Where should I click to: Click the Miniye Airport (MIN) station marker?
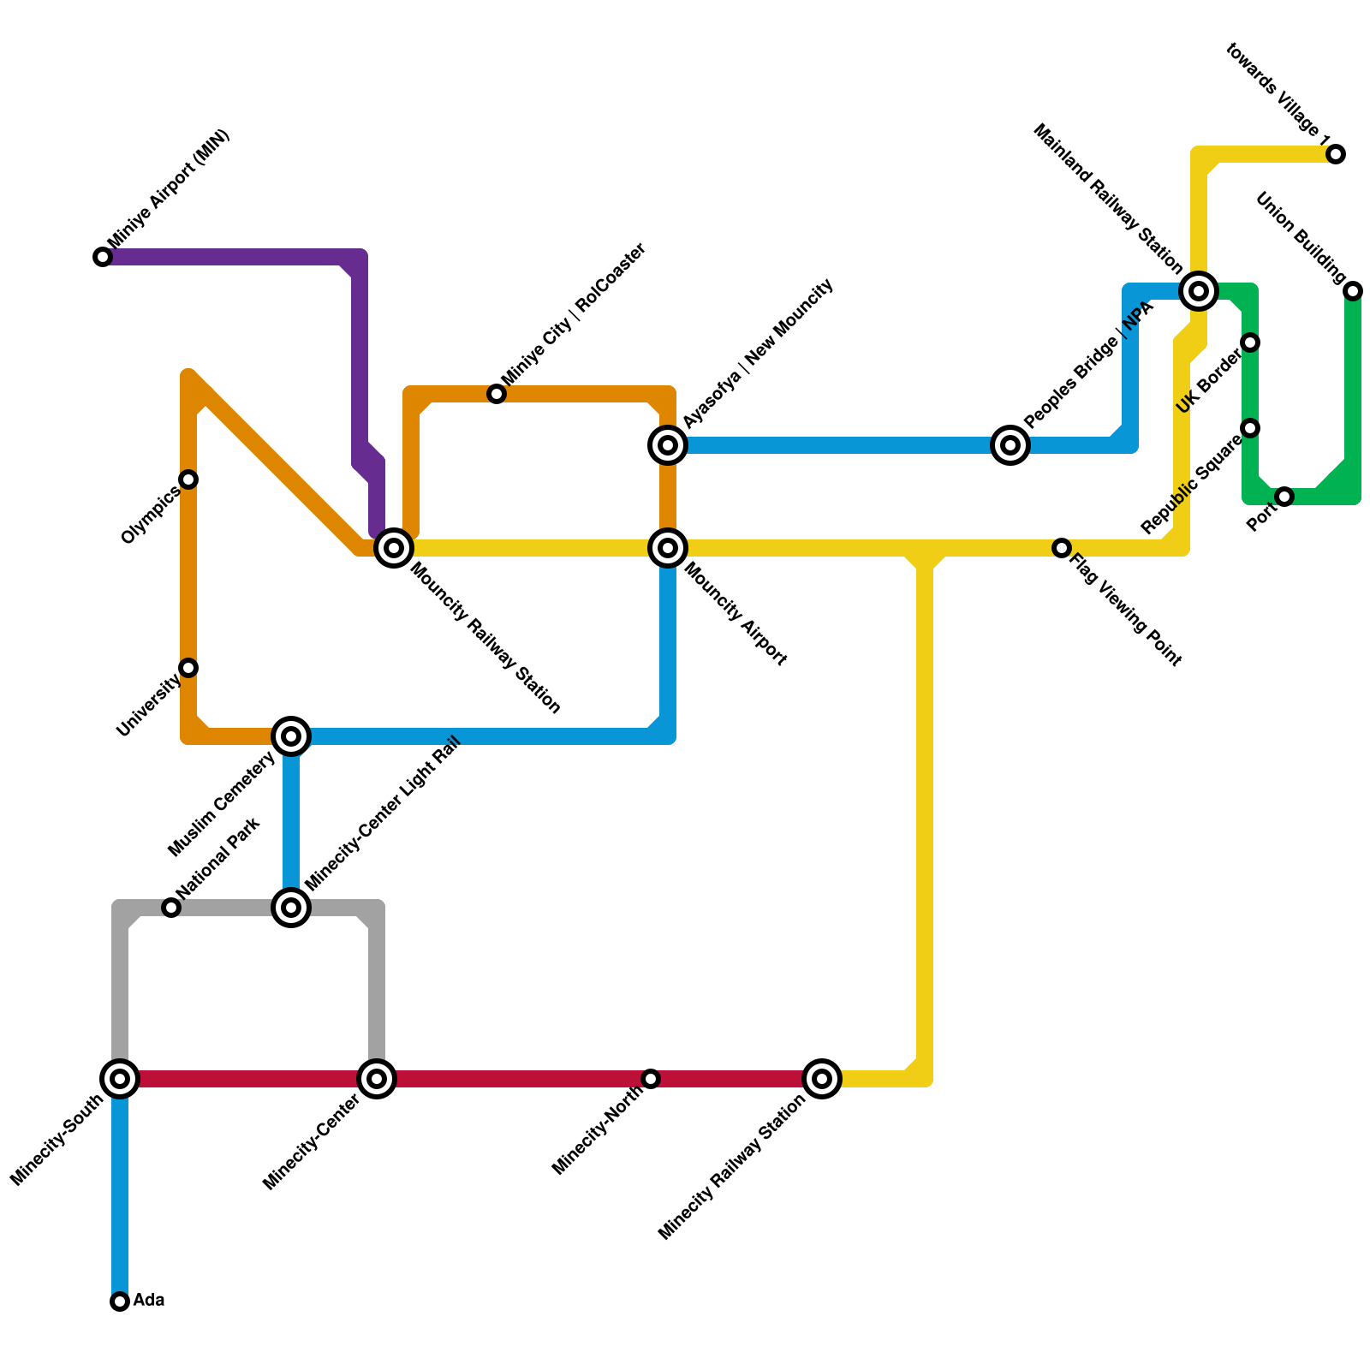pos(103,257)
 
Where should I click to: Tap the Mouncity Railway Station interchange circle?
pos(394,548)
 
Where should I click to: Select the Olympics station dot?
pos(188,479)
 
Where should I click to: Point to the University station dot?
pos(188,668)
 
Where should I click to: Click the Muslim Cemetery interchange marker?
pos(291,736)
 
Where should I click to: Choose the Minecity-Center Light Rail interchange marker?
pos(291,908)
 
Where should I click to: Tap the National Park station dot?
pos(171,908)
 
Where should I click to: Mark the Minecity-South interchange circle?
pos(120,1079)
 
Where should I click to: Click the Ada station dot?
pos(120,1301)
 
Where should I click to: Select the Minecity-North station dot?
pos(651,1079)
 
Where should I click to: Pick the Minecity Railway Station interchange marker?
pos(822,1079)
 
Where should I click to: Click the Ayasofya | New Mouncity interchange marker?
pos(668,445)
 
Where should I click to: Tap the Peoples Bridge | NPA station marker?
pos(1010,445)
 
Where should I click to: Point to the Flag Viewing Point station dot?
pos(1062,548)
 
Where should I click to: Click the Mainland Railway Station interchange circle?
pos(1199,291)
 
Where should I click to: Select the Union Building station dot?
pos(1353,291)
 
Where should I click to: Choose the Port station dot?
pos(1284,497)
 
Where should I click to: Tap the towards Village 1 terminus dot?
pos(1336,154)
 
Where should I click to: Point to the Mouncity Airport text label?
pos(736,613)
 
